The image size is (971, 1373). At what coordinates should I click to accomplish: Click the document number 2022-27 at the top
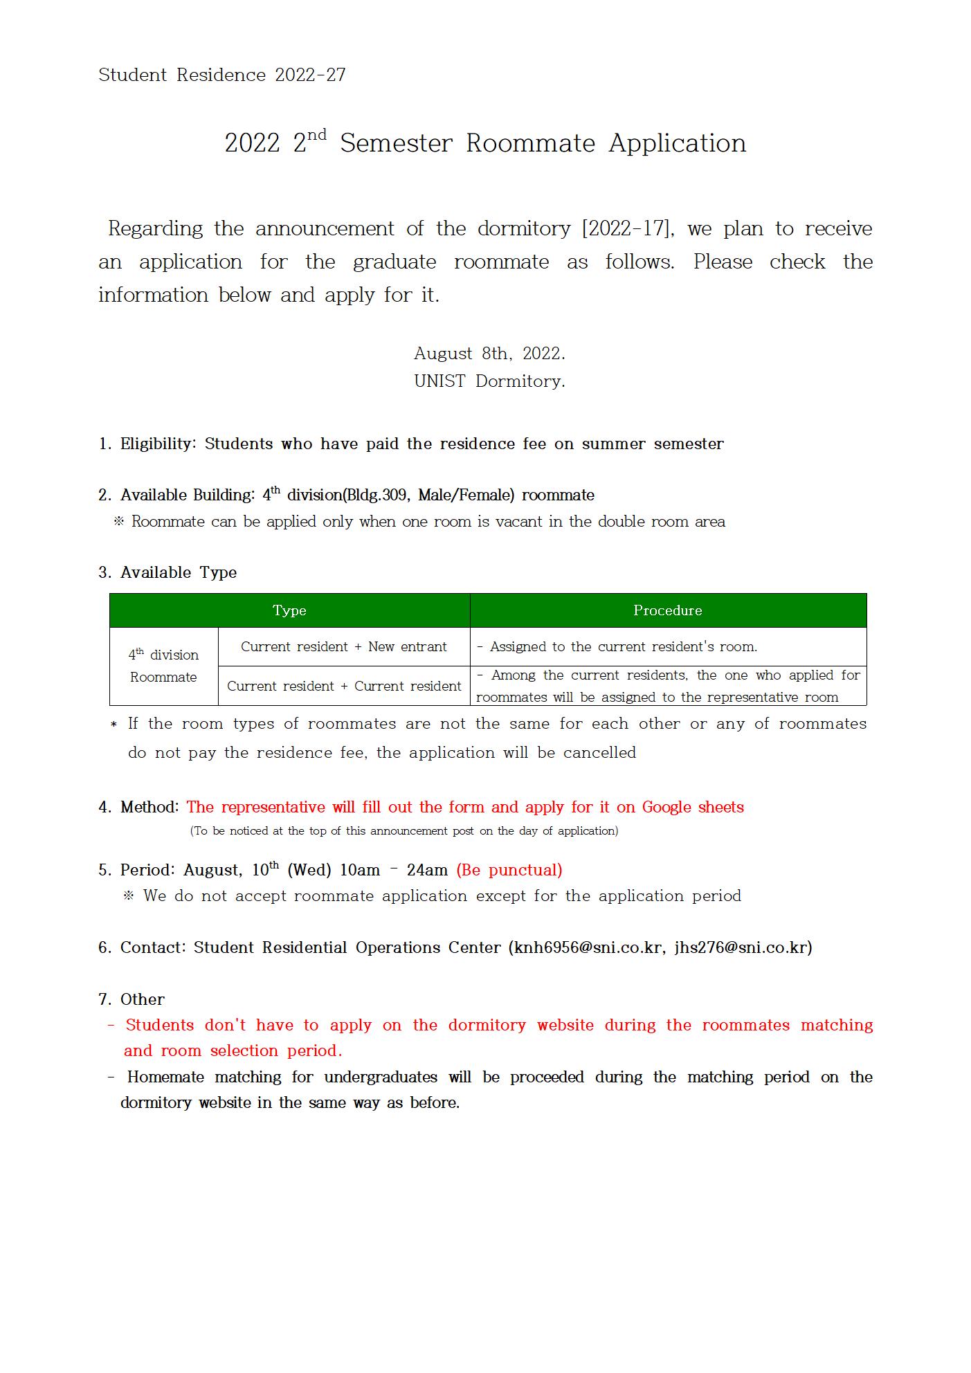[x=310, y=75]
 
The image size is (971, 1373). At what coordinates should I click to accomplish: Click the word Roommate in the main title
[x=530, y=143]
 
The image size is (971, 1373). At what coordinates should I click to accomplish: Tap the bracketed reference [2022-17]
[x=628, y=228]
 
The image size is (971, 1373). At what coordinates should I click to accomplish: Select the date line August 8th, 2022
[x=489, y=354]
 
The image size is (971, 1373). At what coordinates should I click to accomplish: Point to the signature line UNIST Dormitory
[x=489, y=381]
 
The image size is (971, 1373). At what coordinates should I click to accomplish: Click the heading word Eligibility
[x=158, y=444]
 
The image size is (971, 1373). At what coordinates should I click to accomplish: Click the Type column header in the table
[x=289, y=610]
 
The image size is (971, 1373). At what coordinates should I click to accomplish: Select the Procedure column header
[x=667, y=610]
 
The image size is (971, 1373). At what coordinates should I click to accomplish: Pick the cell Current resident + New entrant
[x=343, y=646]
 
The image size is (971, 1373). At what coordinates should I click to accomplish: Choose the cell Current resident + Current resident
[x=343, y=686]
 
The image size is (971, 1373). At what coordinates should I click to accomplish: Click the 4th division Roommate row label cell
[x=163, y=666]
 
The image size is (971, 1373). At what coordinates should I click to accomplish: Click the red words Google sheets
[x=692, y=807]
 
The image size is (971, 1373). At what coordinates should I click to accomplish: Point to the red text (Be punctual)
[x=509, y=870]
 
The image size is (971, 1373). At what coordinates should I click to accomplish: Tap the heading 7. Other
[x=131, y=999]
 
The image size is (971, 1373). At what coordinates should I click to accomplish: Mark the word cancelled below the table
[x=599, y=753]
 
